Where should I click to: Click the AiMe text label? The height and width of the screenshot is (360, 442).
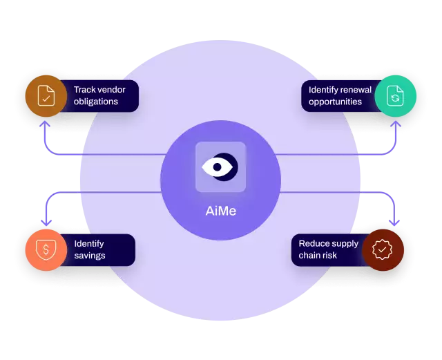220,211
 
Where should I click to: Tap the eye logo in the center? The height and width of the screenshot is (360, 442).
220,167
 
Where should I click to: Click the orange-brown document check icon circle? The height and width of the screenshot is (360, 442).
46,95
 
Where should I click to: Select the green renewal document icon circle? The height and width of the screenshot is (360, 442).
396,95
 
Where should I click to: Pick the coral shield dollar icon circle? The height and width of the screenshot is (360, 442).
46,249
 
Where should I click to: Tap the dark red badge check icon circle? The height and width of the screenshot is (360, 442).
383,249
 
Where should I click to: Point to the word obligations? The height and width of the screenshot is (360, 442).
96,102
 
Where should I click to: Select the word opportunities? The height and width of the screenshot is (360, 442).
335,102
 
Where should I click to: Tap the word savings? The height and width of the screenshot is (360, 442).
90,256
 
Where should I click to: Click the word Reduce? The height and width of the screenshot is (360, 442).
314,243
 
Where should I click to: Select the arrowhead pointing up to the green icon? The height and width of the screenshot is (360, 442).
396,125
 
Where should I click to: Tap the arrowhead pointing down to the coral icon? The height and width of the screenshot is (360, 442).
46,222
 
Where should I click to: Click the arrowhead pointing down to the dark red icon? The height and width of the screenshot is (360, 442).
395,222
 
